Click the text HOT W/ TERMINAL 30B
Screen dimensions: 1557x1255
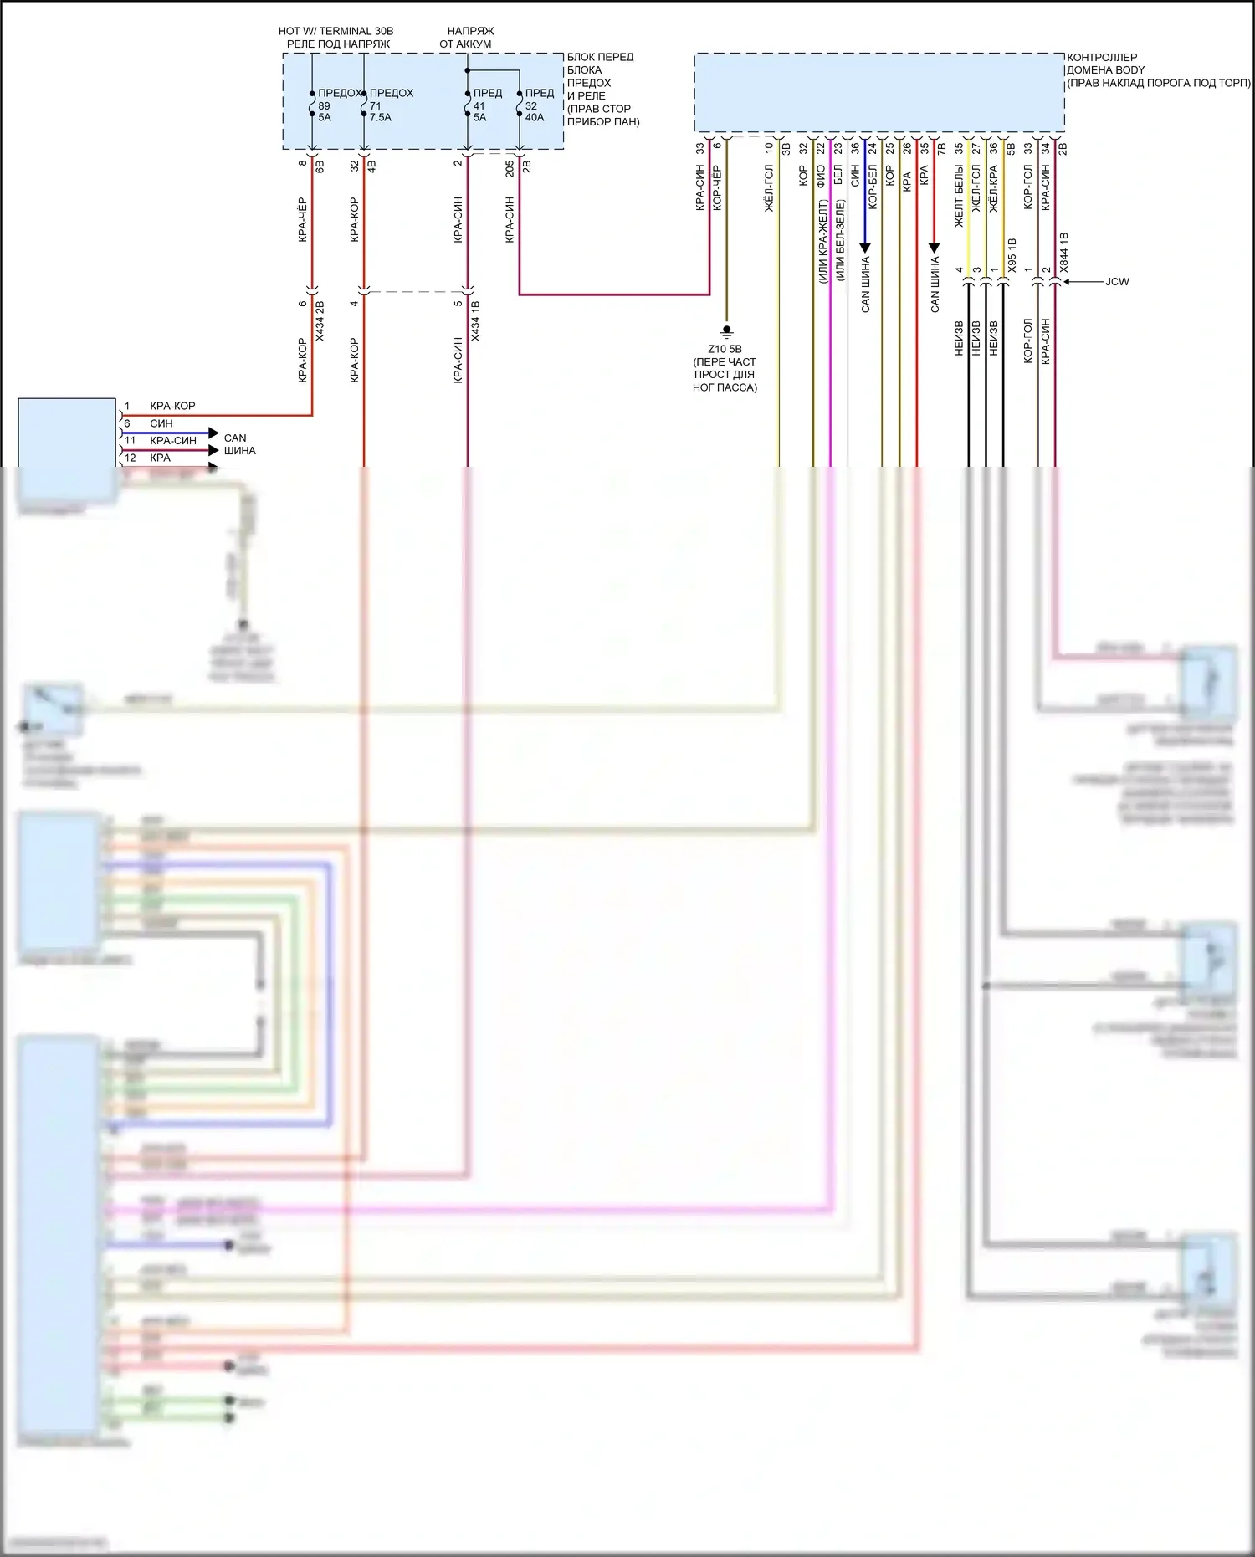click(x=336, y=31)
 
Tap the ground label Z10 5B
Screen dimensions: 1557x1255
click(x=725, y=349)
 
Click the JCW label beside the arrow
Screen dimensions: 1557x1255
click(x=1117, y=282)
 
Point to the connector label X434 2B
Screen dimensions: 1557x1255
click(x=320, y=321)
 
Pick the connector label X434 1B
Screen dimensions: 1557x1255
click(x=475, y=321)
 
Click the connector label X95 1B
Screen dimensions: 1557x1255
click(x=1012, y=256)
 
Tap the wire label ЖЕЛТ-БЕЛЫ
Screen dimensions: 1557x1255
click(x=959, y=196)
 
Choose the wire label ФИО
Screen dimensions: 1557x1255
click(x=821, y=176)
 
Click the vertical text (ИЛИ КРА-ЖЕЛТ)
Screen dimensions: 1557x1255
click(x=822, y=241)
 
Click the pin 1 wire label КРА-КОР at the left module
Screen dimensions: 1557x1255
click(x=172, y=406)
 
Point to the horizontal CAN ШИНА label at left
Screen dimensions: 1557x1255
click(x=239, y=444)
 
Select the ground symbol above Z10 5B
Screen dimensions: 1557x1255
click(x=726, y=331)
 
